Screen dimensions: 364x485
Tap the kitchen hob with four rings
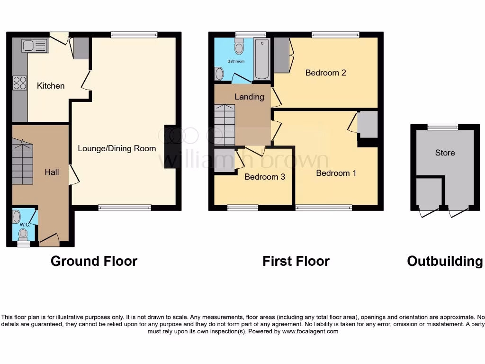(x=20, y=83)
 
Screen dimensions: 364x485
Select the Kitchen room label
(x=51, y=86)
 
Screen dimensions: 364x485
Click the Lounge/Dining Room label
(x=117, y=148)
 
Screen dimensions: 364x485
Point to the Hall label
(x=52, y=172)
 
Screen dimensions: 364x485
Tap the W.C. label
(x=25, y=225)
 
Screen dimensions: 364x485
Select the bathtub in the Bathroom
(x=261, y=59)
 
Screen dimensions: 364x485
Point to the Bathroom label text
(x=236, y=62)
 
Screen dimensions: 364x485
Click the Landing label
(x=249, y=97)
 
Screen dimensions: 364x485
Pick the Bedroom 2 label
(x=325, y=73)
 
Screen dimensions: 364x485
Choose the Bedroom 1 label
(x=336, y=173)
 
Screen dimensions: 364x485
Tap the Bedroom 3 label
(x=265, y=177)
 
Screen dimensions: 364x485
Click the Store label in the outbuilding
(x=445, y=153)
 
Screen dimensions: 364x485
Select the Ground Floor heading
(x=94, y=261)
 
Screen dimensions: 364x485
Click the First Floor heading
(x=296, y=261)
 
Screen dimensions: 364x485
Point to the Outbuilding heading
(x=445, y=261)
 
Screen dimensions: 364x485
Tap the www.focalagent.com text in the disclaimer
(x=310, y=332)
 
